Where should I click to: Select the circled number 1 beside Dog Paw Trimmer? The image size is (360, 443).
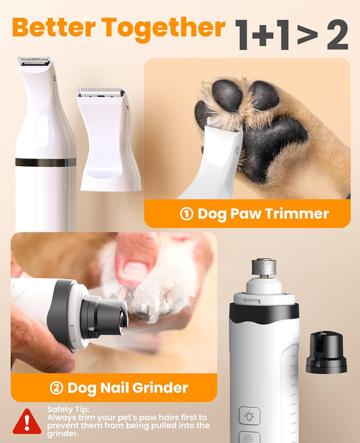(x=186, y=214)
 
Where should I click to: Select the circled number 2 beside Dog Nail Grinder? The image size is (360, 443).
(x=57, y=388)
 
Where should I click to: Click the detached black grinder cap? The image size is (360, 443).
(x=326, y=353)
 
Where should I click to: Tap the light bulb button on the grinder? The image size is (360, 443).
(x=249, y=415)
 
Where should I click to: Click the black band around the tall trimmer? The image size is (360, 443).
(x=45, y=162)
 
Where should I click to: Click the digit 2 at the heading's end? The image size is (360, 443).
(x=337, y=35)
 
